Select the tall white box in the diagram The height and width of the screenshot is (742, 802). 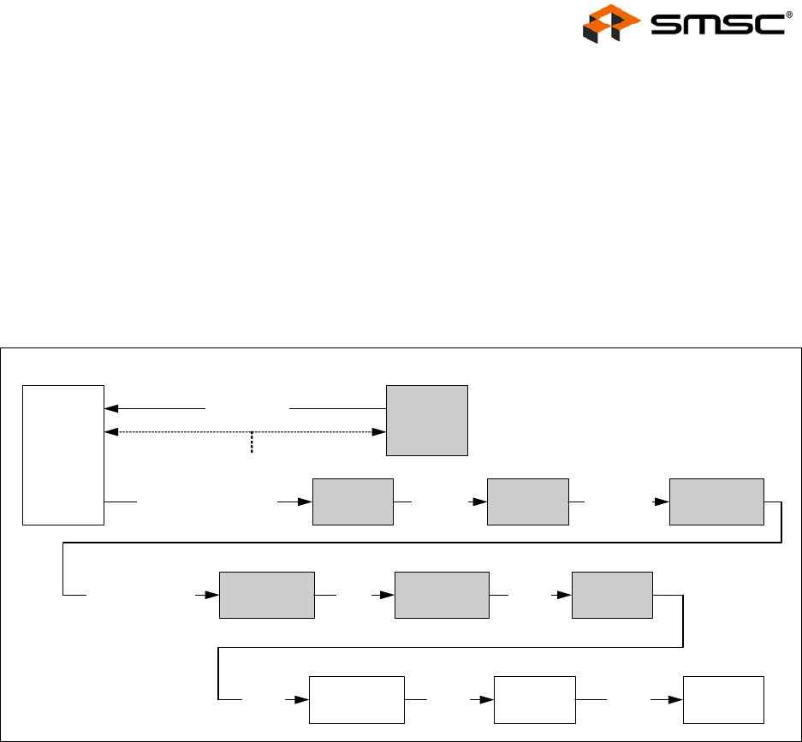tap(63, 454)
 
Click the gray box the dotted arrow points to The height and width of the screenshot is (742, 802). tap(427, 420)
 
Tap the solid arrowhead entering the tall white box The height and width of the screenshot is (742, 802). tap(110, 409)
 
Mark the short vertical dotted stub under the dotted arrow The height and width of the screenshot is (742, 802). tap(252, 442)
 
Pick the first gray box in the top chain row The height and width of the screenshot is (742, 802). tap(353, 502)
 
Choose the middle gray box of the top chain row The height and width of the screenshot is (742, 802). tap(527, 502)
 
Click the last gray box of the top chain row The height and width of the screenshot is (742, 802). tap(716, 502)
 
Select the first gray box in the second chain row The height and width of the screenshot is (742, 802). tap(267, 594)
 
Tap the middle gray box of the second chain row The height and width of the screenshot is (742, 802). tap(442, 594)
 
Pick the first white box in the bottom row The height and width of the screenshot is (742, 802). tap(356, 700)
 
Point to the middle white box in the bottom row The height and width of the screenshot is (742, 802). tap(535, 700)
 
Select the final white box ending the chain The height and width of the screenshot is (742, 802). tap(722, 700)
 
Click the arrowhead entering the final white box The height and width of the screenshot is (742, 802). tap(676, 700)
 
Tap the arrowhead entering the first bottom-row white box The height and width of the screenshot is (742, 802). tap(302, 700)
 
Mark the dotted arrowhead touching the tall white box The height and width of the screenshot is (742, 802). tap(110, 432)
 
